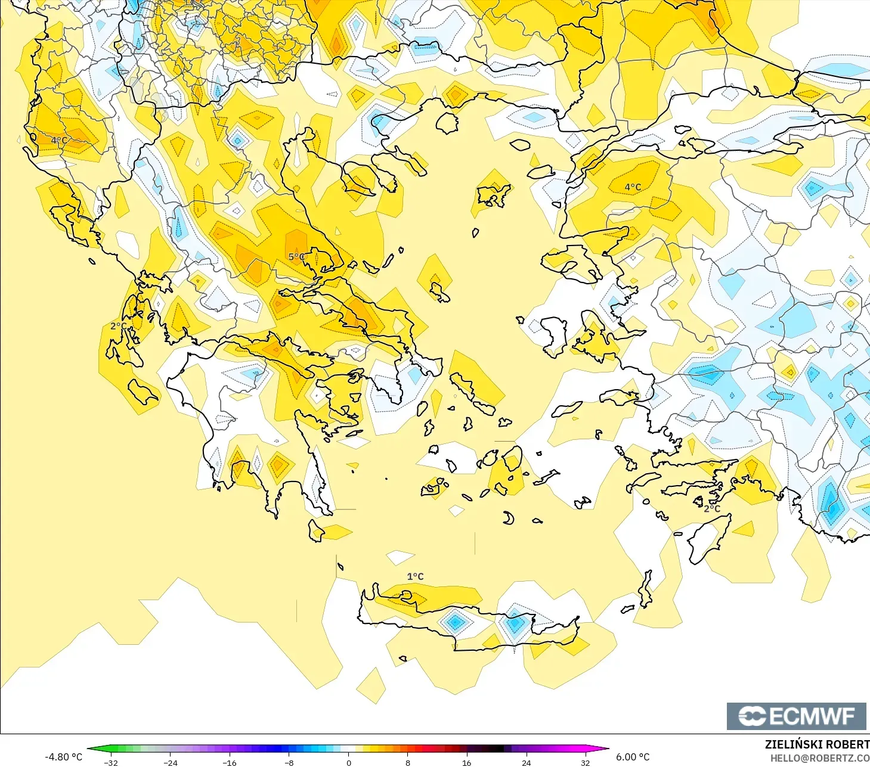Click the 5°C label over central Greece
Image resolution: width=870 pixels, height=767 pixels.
pyautogui.click(x=296, y=257)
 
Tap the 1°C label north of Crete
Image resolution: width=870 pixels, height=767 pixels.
pyautogui.click(x=415, y=576)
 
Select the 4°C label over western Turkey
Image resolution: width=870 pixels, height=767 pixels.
pyautogui.click(x=633, y=187)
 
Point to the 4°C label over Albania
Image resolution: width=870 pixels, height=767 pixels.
pyautogui.click(x=59, y=141)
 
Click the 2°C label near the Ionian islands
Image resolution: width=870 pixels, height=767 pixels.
pyautogui.click(x=119, y=326)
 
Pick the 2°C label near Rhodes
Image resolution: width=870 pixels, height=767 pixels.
pyautogui.click(x=712, y=508)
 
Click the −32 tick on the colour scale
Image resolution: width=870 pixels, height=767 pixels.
pyautogui.click(x=111, y=762)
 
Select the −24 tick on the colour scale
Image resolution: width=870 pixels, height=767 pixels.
pyautogui.click(x=171, y=762)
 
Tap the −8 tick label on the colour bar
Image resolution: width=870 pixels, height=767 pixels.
pyautogui.click(x=289, y=762)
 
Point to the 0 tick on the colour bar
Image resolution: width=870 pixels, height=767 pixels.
pyautogui.click(x=349, y=762)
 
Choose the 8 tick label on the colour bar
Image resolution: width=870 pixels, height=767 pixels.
pyautogui.click(x=408, y=762)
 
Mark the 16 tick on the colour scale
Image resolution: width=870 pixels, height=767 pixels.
pyautogui.click(x=467, y=762)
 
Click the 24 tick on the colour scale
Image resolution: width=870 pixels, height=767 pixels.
pyautogui.click(x=526, y=762)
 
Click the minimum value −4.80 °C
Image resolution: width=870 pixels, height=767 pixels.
pyautogui.click(x=64, y=757)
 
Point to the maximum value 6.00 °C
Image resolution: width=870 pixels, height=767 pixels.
pyautogui.click(x=633, y=757)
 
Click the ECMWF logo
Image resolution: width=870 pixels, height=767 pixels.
pyautogui.click(x=796, y=716)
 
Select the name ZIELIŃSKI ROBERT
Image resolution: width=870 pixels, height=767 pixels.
pyautogui.click(x=817, y=744)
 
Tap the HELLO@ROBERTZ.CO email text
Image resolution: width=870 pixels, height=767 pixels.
pyautogui.click(x=819, y=758)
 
